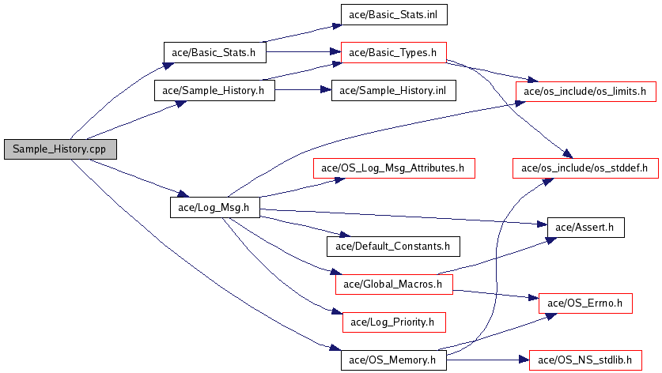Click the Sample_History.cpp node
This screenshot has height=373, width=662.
[59, 149]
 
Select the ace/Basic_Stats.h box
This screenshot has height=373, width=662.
[214, 52]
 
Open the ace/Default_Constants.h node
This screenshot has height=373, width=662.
[393, 246]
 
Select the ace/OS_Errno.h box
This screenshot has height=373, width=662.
[585, 303]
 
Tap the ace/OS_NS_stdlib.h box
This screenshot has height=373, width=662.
[585, 360]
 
